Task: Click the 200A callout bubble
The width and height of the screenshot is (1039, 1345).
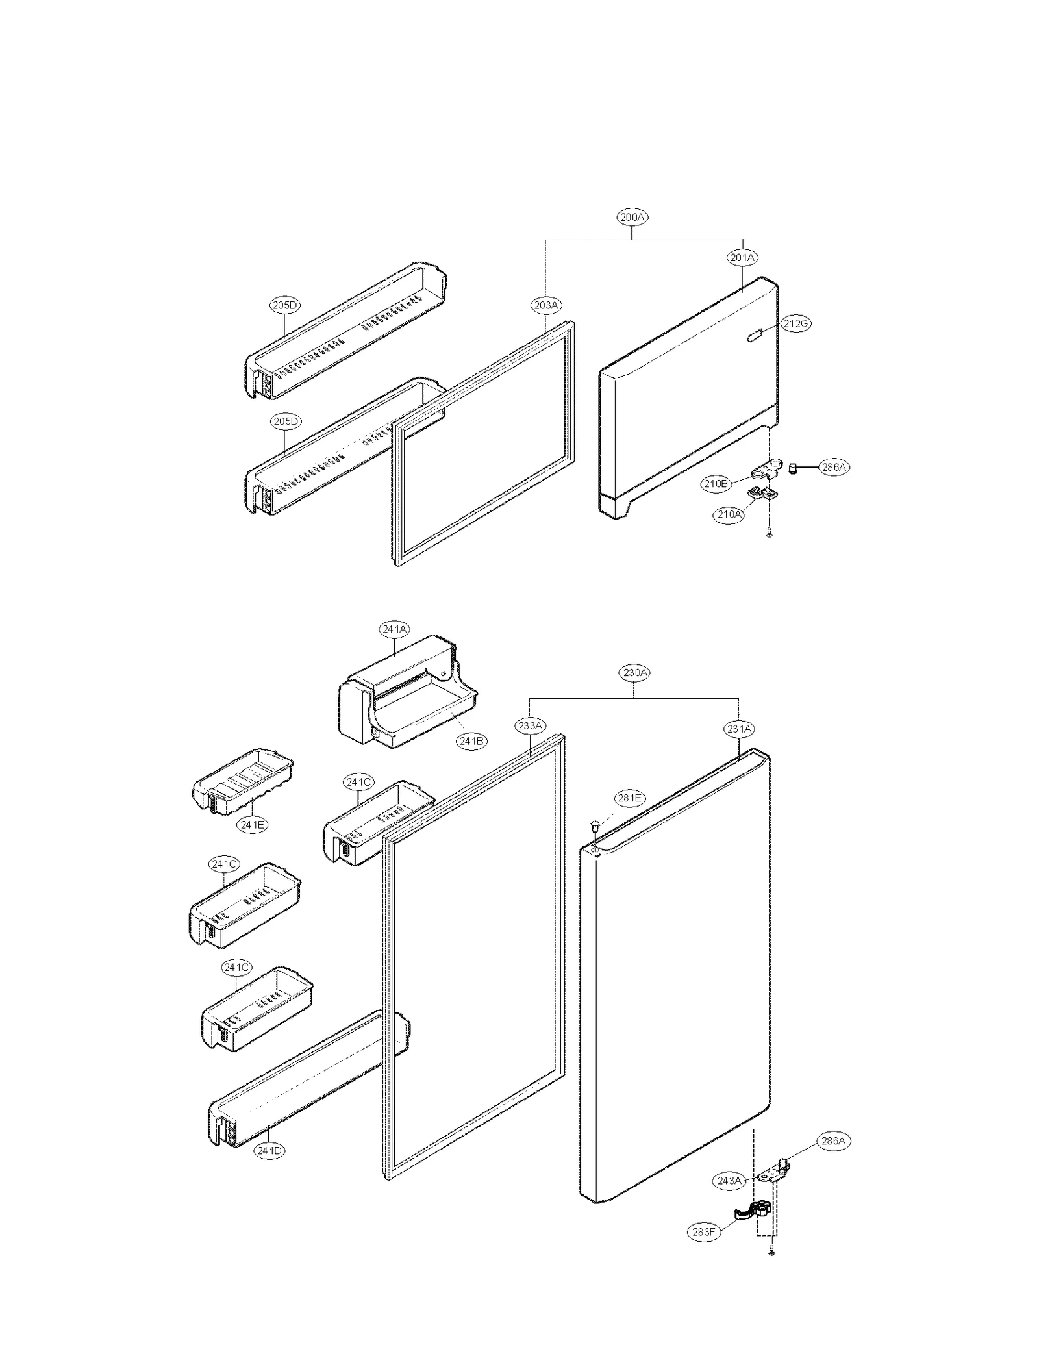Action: point(632,218)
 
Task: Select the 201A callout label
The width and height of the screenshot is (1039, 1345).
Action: point(742,258)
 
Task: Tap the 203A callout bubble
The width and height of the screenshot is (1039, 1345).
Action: point(545,305)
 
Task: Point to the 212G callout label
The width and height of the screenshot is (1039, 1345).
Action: point(795,323)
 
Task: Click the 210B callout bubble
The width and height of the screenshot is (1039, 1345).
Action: point(716,483)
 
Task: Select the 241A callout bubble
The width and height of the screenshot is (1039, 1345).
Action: point(394,629)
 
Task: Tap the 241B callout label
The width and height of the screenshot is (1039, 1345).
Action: point(471,741)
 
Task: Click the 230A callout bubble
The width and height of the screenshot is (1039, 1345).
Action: point(634,673)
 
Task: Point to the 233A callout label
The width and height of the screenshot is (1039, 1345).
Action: point(531,726)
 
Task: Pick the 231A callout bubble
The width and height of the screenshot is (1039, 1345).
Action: point(739,729)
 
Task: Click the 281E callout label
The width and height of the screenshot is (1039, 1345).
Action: point(629,798)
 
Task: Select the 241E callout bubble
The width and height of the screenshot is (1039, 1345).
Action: point(252,825)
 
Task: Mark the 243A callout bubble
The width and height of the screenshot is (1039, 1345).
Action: point(729,1181)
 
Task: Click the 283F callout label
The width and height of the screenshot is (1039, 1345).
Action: point(704,1231)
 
